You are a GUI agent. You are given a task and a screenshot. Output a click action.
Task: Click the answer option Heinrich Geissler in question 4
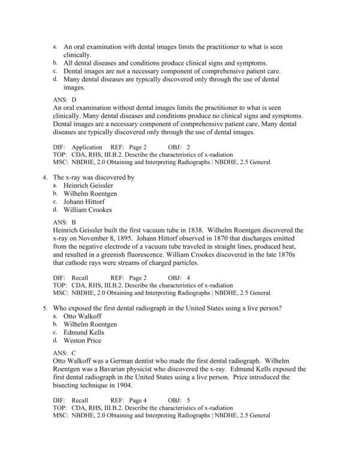(x=88, y=186)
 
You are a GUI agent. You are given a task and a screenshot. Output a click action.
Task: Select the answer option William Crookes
(x=88, y=210)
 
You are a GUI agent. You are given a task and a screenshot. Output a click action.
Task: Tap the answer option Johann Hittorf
(x=84, y=202)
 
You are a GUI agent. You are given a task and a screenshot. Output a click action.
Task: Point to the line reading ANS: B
(x=64, y=222)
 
